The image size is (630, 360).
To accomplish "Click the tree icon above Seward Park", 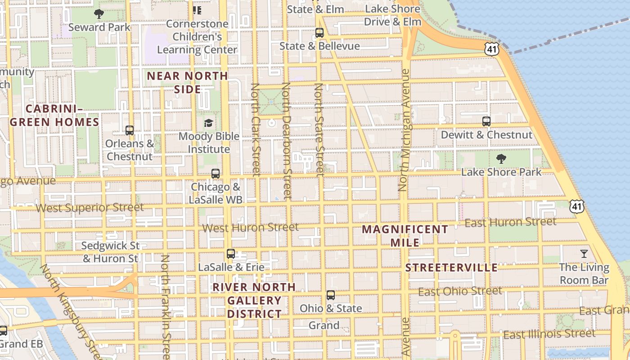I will (x=99, y=14).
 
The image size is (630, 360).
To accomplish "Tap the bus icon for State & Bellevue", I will (x=319, y=33).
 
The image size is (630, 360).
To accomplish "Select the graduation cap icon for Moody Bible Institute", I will (x=208, y=123).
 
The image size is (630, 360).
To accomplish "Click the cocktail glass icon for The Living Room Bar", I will (x=584, y=254).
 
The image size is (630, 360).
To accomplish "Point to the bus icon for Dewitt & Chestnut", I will (x=486, y=121).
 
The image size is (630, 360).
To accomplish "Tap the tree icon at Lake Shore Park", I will (x=501, y=159).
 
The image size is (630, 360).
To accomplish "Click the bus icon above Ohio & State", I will (x=331, y=295).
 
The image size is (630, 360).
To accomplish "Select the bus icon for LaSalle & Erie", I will (x=231, y=254).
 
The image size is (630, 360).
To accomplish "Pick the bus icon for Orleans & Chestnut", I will (x=130, y=130).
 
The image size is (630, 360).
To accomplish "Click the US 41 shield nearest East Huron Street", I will (x=576, y=206).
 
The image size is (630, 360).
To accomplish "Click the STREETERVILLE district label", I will (x=451, y=268).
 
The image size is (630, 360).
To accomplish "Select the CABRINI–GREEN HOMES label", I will (x=54, y=115).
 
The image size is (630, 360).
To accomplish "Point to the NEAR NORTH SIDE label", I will (x=188, y=82).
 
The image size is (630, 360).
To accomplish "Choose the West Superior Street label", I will (x=90, y=208).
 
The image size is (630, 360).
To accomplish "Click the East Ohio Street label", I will (x=460, y=292).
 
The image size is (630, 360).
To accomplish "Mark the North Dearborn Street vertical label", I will (x=287, y=140).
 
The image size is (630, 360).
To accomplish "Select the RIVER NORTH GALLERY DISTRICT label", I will (x=254, y=300).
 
